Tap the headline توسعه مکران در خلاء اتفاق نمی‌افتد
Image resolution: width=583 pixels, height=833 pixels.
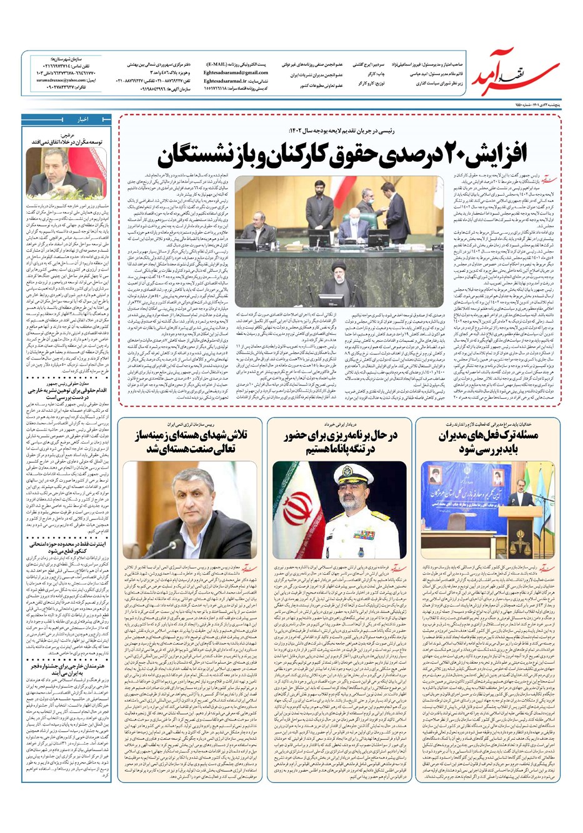click(68, 142)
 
